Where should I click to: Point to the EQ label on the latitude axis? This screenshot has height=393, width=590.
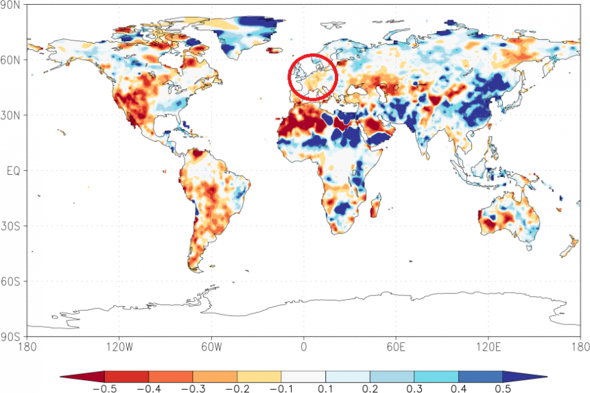[x=13, y=170]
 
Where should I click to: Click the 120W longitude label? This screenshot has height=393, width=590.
[x=119, y=346]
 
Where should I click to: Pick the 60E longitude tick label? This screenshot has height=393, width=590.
[x=394, y=346]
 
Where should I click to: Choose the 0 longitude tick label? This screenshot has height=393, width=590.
[x=303, y=346]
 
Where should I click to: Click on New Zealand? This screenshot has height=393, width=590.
[x=569, y=246]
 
